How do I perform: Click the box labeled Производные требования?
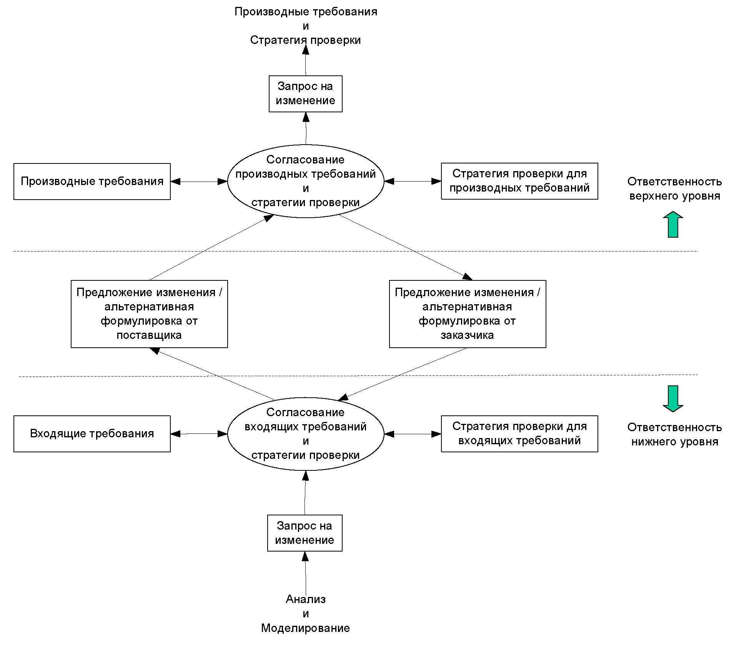(x=92, y=182)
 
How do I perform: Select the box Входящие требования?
(x=92, y=433)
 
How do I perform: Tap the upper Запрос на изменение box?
(x=305, y=94)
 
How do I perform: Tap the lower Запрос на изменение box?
(x=305, y=533)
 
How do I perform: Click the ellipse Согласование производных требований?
(x=306, y=181)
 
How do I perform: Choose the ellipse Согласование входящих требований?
(x=306, y=434)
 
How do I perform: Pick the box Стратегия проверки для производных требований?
(x=519, y=181)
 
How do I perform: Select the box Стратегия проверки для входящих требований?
(x=519, y=433)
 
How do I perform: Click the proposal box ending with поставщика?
(x=149, y=314)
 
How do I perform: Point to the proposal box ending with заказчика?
(x=468, y=314)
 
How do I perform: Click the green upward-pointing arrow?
(x=673, y=224)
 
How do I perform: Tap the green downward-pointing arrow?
(x=673, y=399)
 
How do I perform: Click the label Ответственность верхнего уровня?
(x=675, y=188)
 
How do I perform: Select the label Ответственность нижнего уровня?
(x=675, y=434)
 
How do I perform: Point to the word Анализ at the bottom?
(x=306, y=599)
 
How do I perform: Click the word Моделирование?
(x=306, y=628)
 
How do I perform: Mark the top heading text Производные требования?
(x=306, y=12)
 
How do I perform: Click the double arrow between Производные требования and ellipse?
(x=199, y=182)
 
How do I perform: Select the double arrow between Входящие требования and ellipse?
(x=199, y=434)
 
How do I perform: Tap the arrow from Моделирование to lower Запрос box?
(x=306, y=573)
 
